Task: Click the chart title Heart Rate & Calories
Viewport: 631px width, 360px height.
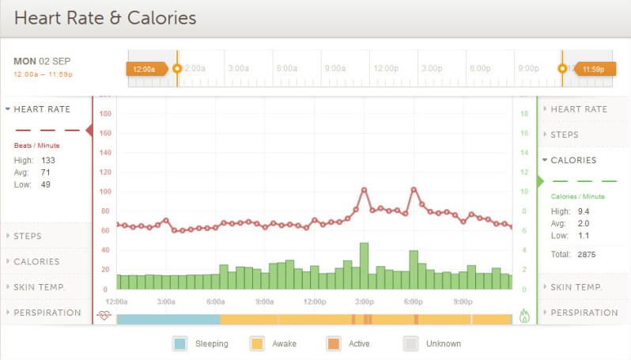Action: [x=105, y=17]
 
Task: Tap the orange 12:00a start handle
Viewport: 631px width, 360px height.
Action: [x=145, y=69]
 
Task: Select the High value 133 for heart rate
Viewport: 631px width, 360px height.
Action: [x=48, y=160]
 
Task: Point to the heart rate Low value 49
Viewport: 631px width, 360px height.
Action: [x=47, y=184]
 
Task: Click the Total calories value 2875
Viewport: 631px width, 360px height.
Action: [x=586, y=255]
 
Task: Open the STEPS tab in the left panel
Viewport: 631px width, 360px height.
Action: [x=28, y=236]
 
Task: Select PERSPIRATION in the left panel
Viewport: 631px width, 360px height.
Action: [x=47, y=313]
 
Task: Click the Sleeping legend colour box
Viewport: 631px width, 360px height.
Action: [x=179, y=343]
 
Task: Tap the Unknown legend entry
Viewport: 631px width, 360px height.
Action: [x=433, y=343]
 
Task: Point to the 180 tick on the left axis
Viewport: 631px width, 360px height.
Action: [x=104, y=114]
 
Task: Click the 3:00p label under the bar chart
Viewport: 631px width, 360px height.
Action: [x=364, y=301]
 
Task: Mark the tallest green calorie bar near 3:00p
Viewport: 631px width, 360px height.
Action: [x=364, y=266]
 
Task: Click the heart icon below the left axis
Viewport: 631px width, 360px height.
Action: [x=104, y=315]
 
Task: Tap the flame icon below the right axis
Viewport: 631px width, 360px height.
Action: [x=524, y=316]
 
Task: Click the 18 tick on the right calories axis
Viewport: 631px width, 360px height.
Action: [x=523, y=114]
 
